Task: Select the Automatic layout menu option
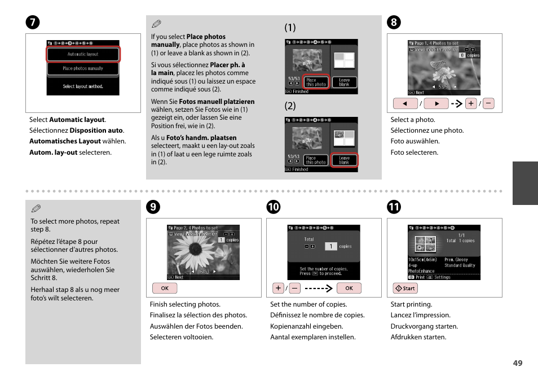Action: click(x=83, y=54)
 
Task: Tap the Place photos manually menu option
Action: click(x=83, y=69)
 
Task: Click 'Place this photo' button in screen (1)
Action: click(x=316, y=82)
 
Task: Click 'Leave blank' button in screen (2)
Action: click(x=344, y=160)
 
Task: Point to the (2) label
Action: click(x=290, y=106)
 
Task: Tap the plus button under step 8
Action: click(x=471, y=103)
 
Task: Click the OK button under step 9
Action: click(x=165, y=288)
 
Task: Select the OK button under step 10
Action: click(x=349, y=288)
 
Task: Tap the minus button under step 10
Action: click(x=295, y=288)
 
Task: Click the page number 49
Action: click(x=517, y=363)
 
